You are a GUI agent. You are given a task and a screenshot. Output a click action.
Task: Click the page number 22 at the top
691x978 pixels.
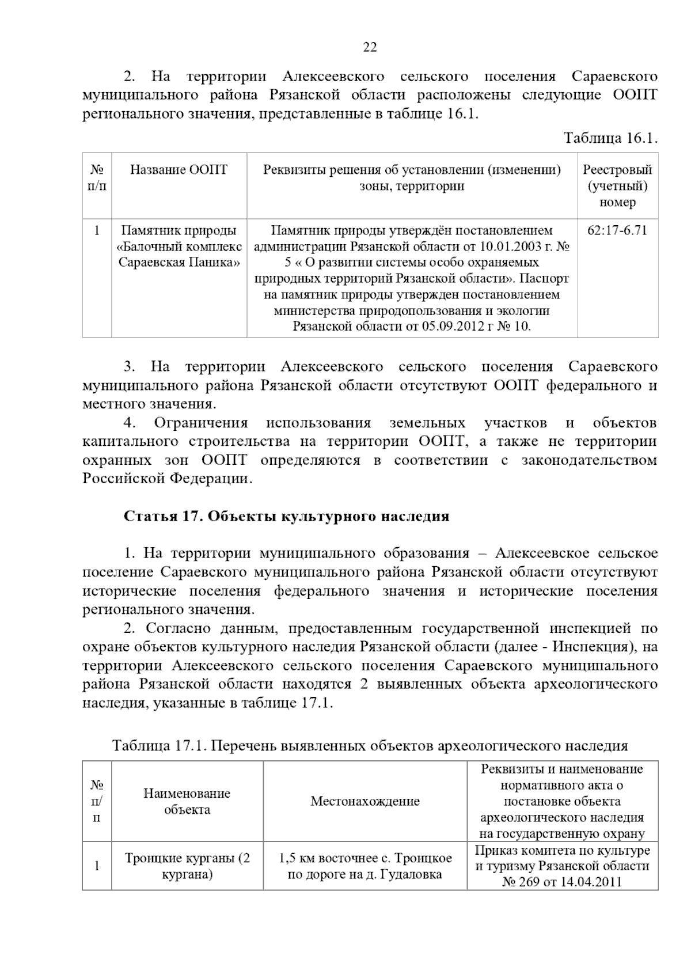[370, 47]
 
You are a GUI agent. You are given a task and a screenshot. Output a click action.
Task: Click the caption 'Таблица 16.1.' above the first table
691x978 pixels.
[610, 138]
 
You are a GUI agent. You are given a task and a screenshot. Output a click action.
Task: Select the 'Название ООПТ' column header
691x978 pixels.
[179, 169]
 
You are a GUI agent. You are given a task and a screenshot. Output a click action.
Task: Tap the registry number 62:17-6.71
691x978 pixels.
[617, 230]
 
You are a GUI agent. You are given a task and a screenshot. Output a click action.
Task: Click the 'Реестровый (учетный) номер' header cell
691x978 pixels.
[617, 185]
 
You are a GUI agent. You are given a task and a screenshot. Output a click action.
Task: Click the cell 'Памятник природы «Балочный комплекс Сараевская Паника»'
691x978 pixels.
[179, 247]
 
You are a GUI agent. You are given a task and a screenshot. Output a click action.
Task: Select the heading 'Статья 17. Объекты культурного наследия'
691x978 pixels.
[286, 516]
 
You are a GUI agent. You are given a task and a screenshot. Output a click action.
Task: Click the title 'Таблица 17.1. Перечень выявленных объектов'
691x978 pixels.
[370, 746]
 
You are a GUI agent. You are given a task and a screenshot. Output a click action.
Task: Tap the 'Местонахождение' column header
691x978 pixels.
[365, 801]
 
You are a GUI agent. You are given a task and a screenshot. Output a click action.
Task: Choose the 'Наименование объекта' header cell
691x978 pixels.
[187, 801]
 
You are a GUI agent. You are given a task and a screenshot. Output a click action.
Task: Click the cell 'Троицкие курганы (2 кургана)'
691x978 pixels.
[187, 866]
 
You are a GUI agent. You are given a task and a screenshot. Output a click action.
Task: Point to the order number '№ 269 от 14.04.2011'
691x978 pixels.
[562, 882]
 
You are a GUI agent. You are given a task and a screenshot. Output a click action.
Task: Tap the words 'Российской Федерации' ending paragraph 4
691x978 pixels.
[167, 479]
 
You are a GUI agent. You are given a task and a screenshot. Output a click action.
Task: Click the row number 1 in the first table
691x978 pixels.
[97, 230]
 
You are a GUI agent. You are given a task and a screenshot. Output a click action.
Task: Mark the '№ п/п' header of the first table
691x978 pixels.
[97, 177]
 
